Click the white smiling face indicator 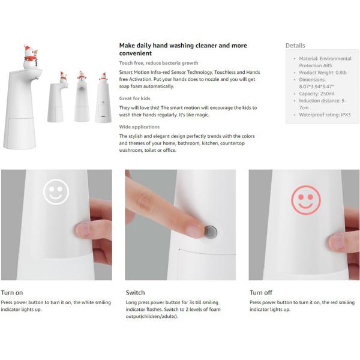coord(56,192)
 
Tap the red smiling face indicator coord(305,200)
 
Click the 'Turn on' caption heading coord(12,293)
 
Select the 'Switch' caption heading coord(135,293)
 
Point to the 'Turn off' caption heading coord(261,293)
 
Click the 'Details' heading coord(295,46)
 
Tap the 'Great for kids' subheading coord(134,98)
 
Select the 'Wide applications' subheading coord(139,127)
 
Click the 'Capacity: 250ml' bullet coord(317,94)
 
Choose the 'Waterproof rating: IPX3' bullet coord(325,115)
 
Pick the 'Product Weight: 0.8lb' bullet coord(323,73)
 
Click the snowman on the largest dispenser coord(31,57)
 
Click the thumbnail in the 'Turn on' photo coord(83,230)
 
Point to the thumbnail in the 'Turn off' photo coord(337,242)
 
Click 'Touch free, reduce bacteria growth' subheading coord(158,63)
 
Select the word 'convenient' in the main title coord(136,53)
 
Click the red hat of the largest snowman coord(27,47)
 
